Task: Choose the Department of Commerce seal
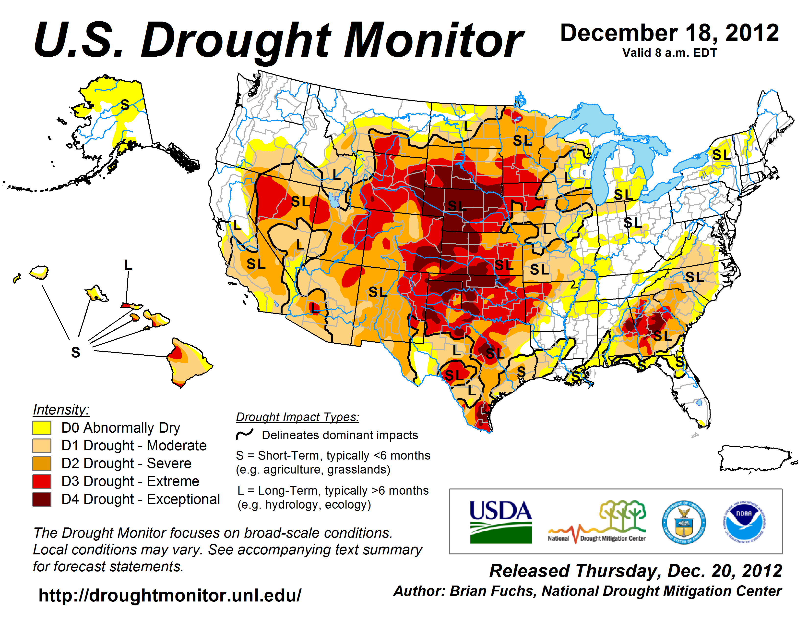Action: (x=684, y=522)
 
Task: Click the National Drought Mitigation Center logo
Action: (x=597, y=522)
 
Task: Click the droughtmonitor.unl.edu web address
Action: (x=170, y=595)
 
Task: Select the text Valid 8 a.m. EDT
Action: (x=670, y=53)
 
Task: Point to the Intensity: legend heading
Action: (x=61, y=410)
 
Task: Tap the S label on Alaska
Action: (x=125, y=105)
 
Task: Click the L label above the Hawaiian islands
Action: (x=128, y=265)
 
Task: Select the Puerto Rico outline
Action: (x=755, y=459)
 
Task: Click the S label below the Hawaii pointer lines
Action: (x=75, y=352)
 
